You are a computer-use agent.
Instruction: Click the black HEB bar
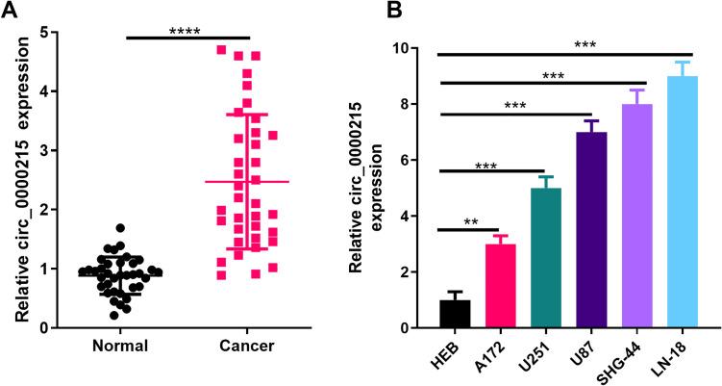pyautogui.click(x=456, y=314)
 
